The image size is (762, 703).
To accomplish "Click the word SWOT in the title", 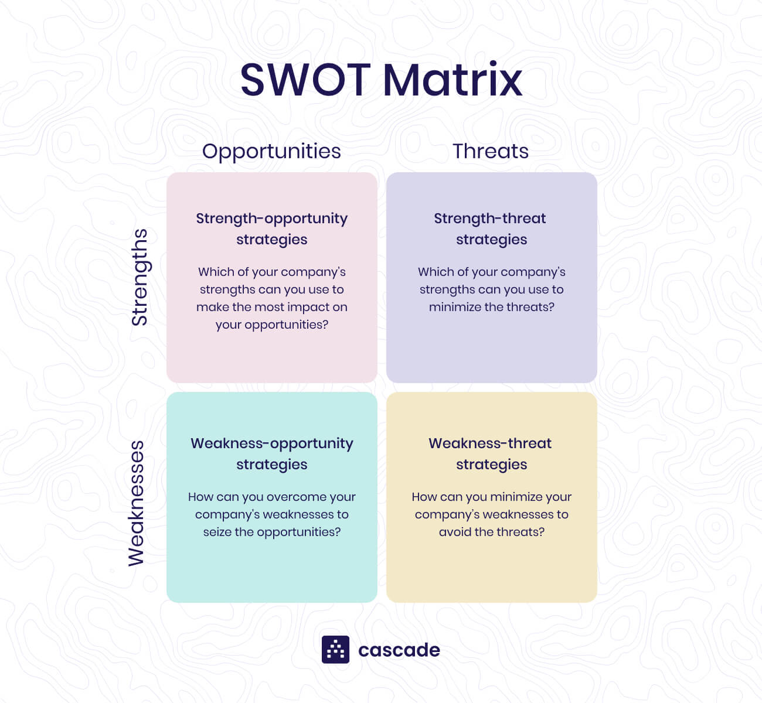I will [x=305, y=80].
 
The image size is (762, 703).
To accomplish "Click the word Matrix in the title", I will [x=453, y=80].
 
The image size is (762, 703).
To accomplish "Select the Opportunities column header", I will [x=271, y=151].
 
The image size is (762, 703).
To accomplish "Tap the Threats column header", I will [x=491, y=151].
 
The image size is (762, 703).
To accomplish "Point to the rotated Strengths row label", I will [x=140, y=277].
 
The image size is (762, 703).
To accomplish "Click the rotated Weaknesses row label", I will [x=136, y=503].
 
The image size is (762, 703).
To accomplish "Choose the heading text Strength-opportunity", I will [x=271, y=219].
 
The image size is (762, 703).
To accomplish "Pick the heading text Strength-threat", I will [x=490, y=219].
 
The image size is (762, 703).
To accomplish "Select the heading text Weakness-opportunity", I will [x=271, y=443].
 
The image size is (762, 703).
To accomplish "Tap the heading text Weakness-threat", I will [x=490, y=443].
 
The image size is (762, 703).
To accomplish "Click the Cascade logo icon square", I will [x=335, y=650].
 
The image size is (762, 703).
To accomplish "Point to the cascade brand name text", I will [x=399, y=650].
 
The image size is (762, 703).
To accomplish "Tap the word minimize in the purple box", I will [x=455, y=307].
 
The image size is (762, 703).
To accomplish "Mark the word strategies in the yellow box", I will [x=491, y=465].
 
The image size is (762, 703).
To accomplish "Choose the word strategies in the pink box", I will [x=271, y=240].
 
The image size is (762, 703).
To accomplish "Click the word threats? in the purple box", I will [x=529, y=307].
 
